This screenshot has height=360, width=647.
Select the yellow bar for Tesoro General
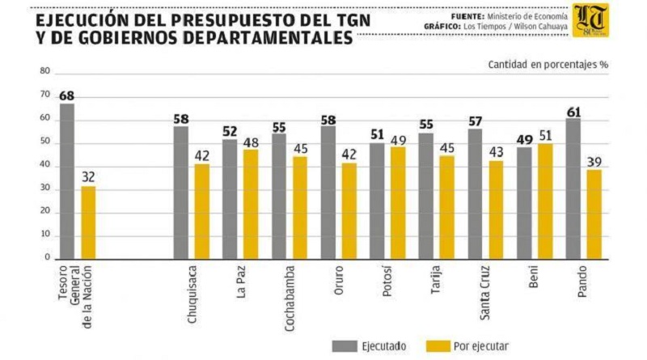(x=88, y=222)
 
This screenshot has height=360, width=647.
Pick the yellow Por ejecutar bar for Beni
(x=546, y=201)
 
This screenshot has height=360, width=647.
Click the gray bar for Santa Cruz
(x=476, y=194)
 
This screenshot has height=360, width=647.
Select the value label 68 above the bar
(x=67, y=95)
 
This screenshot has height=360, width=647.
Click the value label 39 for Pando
(x=594, y=162)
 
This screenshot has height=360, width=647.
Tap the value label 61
(x=573, y=112)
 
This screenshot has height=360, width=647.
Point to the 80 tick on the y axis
(x=45, y=72)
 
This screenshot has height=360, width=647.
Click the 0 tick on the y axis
(x=48, y=258)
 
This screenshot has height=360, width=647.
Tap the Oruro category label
(x=339, y=279)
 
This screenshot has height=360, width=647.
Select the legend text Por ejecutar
(x=480, y=346)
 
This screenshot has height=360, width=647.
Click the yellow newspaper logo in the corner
(x=590, y=20)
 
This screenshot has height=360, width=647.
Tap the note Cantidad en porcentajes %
(x=547, y=63)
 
